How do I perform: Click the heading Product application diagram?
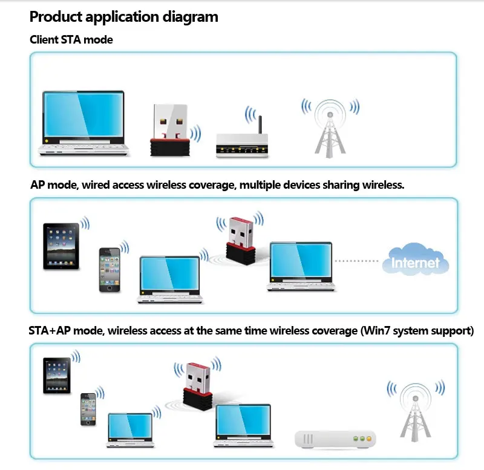pyautogui.click(x=123, y=17)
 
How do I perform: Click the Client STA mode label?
pyautogui.click(x=71, y=40)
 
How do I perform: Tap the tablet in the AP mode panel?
pyautogui.click(x=61, y=246)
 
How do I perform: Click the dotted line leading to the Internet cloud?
pyautogui.click(x=357, y=261)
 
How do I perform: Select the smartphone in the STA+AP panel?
pyautogui.click(x=89, y=410)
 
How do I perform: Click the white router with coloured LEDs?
pyautogui.click(x=335, y=440)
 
